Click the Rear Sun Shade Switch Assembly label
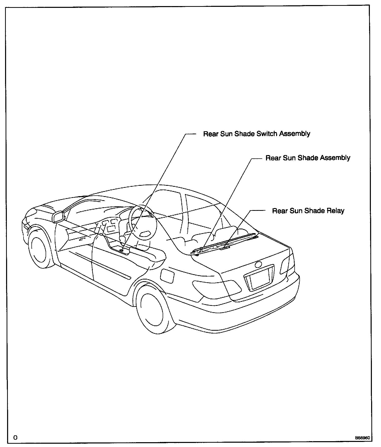pos(257,134)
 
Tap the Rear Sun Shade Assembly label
pos(308,158)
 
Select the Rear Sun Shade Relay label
pos(308,211)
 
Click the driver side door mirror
pos(58,217)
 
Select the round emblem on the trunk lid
pos(258,265)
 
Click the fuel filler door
pos(167,275)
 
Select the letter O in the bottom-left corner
pos(15,438)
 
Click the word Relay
pos(335,211)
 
